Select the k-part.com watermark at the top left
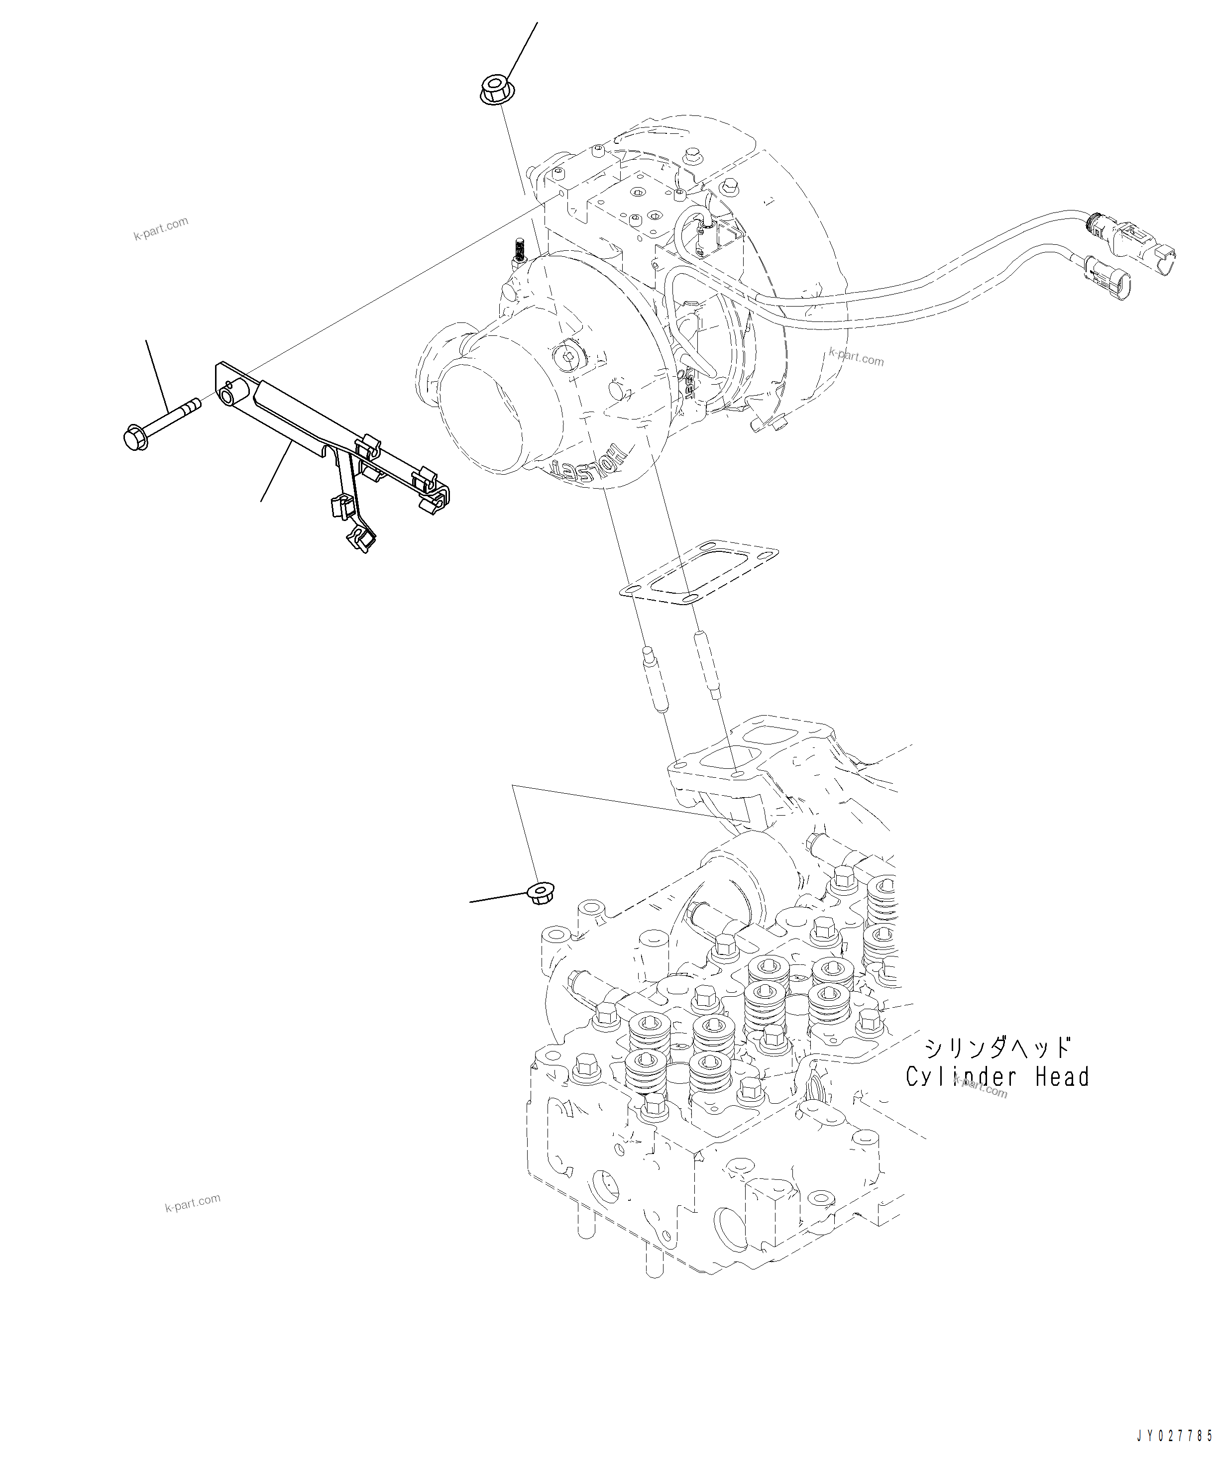[161, 228]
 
